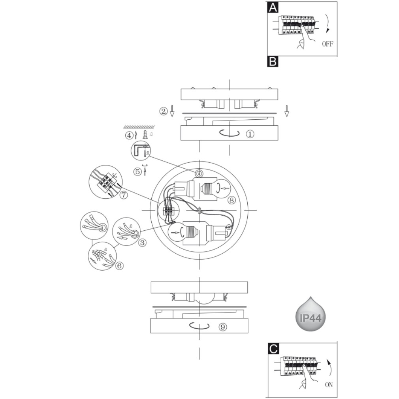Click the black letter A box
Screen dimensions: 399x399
(273, 8)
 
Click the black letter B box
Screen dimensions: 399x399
(273, 62)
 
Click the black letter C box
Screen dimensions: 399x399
(273, 348)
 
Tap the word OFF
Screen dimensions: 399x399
(327, 44)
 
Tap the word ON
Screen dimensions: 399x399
(329, 384)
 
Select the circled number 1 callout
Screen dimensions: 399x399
(250, 134)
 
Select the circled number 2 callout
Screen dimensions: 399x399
(164, 111)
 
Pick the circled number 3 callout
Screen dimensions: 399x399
(142, 243)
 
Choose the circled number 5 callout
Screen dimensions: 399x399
(137, 172)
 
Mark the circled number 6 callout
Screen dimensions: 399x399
(119, 266)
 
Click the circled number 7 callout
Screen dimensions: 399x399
(123, 195)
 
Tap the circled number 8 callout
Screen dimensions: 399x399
(231, 200)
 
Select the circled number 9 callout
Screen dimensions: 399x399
(223, 327)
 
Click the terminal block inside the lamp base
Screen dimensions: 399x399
(168, 211)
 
